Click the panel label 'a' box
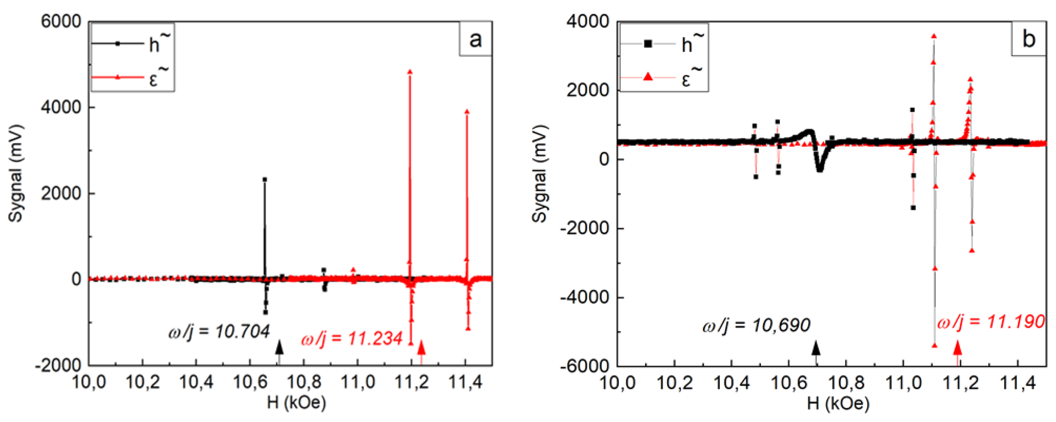click(x=475, y=39)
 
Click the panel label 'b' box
click(x=1028, y=39)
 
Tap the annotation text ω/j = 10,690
click(x=756, y=325)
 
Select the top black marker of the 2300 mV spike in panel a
click(x=265, y=180)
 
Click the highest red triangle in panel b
click(x=934, y=36)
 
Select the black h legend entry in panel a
click(x=131, y=43)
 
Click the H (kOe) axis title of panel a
click(x=296, y=403)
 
